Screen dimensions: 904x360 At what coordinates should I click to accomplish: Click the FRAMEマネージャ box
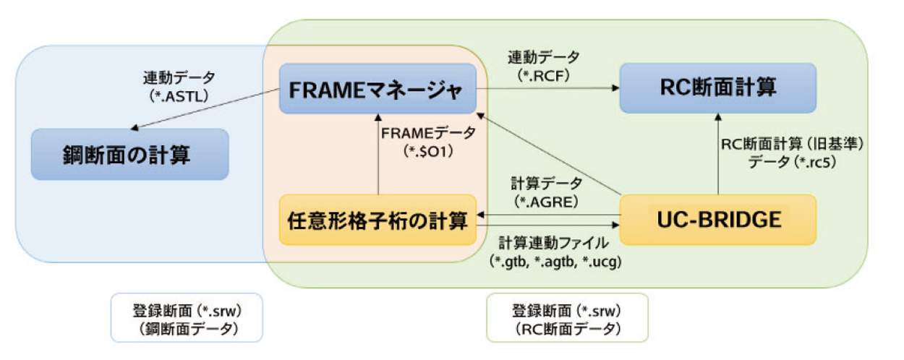[378, 89]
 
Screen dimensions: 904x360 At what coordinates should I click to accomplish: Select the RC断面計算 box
[718, 88]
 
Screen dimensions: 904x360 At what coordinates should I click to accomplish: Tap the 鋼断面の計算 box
[130, 154]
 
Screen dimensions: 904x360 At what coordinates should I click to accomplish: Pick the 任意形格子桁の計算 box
[378, 220]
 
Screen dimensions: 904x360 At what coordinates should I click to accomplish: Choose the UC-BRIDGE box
[718, 220]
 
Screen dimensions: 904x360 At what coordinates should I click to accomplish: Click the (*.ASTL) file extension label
[179, 96]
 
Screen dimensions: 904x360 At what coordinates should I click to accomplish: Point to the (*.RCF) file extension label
[543, 75]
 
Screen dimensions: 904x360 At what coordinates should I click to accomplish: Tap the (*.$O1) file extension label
[428, 152]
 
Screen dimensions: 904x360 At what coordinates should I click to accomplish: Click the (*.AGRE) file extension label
[546, 202]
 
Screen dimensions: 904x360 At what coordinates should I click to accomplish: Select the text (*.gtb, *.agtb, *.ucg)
[555, 262]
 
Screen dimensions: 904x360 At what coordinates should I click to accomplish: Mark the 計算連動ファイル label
[553, 243]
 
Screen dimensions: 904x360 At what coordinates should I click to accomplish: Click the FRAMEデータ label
[428, 133]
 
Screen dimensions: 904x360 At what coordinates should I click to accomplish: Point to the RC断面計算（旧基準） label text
[792, 144]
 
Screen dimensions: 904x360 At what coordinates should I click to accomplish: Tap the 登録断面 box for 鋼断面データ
[187, 317]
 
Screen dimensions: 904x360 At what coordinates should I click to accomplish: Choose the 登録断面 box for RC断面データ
[567, 317]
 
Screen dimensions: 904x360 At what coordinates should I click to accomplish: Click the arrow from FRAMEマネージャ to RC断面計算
[548, 88]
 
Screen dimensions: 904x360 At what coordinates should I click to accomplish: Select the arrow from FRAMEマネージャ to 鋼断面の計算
[205, 109]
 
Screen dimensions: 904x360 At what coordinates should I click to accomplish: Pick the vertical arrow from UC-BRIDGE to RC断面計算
[718, 154]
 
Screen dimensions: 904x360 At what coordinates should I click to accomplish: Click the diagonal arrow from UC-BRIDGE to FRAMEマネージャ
[548, 154]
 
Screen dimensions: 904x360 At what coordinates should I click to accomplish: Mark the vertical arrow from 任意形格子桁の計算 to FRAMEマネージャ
[378, 154]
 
